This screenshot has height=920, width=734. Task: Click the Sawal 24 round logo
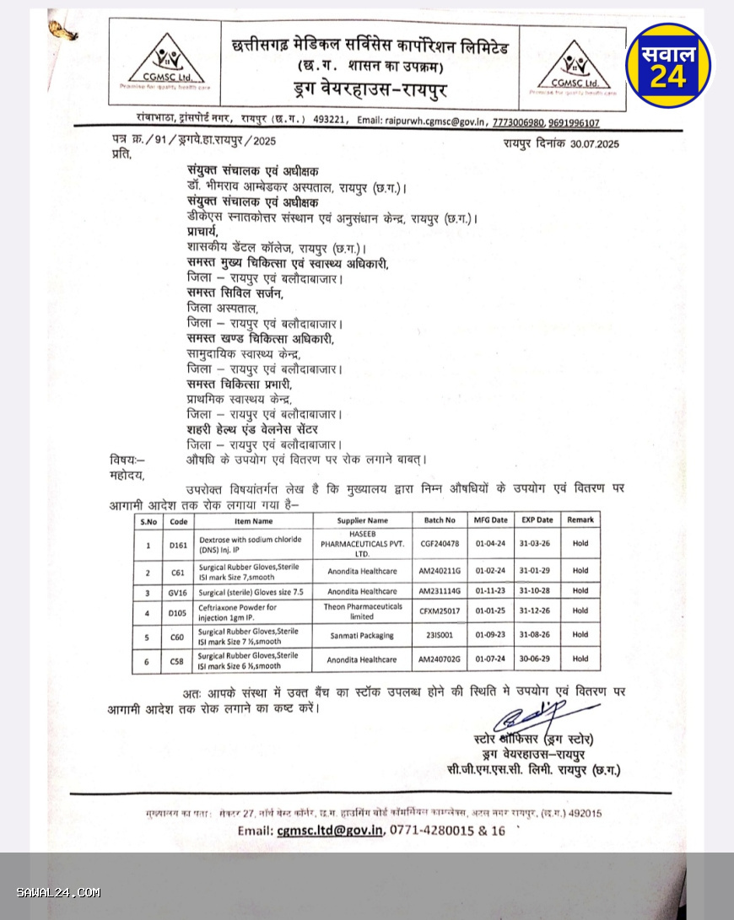click(669, 65)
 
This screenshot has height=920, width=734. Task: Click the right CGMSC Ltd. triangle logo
click(572, 64)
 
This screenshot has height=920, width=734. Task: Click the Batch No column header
click(439, 520)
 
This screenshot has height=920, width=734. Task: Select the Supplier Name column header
click(363, 520)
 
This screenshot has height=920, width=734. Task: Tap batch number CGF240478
click(440, 544)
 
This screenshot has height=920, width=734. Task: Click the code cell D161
click(178, 545)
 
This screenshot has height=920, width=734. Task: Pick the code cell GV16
click(178, 591)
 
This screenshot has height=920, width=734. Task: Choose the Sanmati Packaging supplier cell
click(362, 636)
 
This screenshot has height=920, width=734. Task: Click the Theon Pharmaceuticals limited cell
click(362, 612)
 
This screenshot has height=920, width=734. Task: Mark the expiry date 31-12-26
click(537, 612)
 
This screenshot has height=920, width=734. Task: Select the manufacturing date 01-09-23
click(491, 636)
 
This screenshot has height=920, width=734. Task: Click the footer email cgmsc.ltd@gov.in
click(322, 831)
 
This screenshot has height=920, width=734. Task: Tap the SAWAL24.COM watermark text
click(58, 892)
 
